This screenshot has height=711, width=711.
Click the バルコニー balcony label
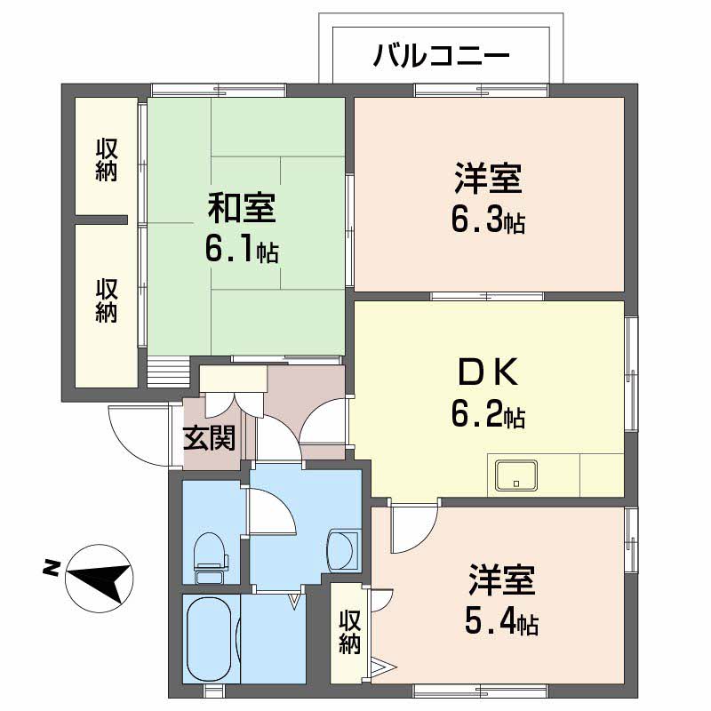442,58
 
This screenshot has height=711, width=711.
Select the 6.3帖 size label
487,220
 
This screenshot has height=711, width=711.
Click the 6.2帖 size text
487,414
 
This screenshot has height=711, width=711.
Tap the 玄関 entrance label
210,437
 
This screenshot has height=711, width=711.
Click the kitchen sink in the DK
515,475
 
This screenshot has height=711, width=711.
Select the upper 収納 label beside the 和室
106,160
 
